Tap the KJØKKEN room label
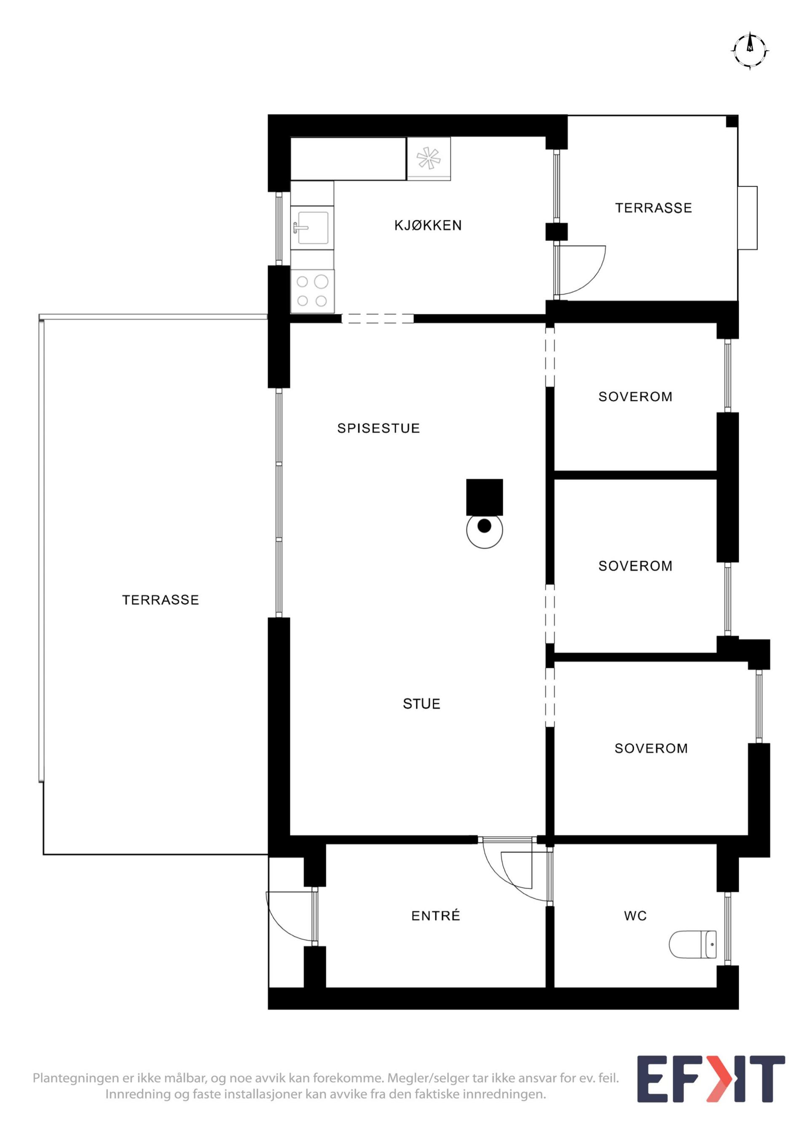coord(428,226)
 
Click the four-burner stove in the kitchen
coord(312,291)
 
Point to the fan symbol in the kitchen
coord(429,159)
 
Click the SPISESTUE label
coord(378,428)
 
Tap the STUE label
coord(422,704)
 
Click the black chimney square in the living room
coord(485,497)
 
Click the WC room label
coord(635,916)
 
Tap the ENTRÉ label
coord(436,916)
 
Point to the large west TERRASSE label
coord(161,599)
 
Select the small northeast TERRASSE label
coord(654,208)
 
